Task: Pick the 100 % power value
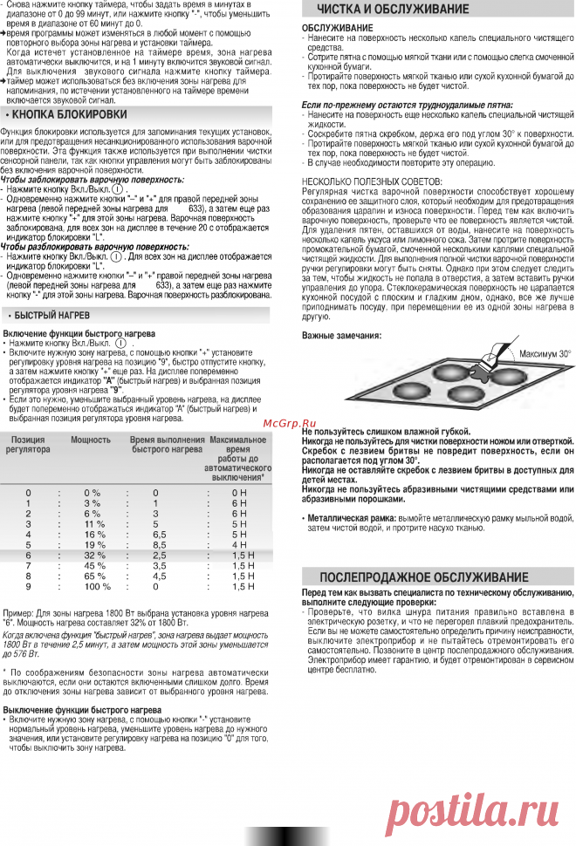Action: point(93,586)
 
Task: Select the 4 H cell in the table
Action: point(239,544)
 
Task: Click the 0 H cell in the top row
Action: point(239,493)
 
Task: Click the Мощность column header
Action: point(91,440)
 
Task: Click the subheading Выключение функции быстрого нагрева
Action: point(82,710)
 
